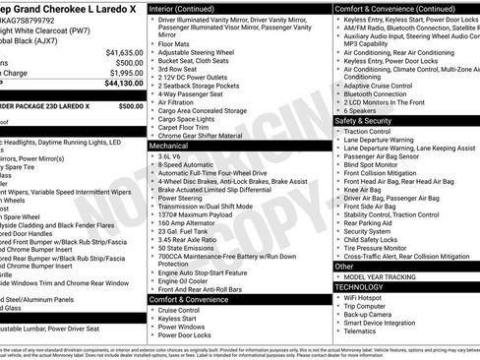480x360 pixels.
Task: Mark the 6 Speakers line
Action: [364, 110]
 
